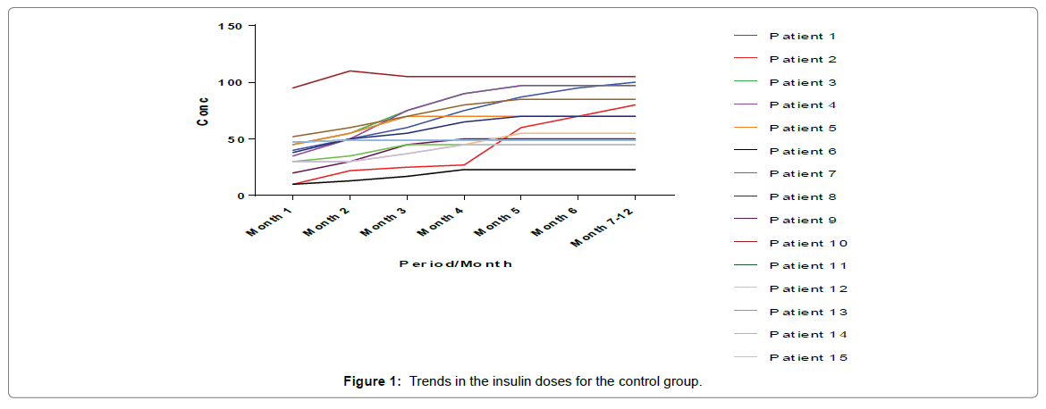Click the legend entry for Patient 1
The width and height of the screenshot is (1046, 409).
pyautogui.click(x=802, y=37)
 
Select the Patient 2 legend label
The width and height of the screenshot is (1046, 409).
pyautogui.click(x=802, y=60)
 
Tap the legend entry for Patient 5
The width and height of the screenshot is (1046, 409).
pyautogui.click(x=802, y=129)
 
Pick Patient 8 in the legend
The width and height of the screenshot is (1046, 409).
pyautogui.click(x=802, y=197)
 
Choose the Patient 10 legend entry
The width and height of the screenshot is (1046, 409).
pyautogui.click(x=807, y=243)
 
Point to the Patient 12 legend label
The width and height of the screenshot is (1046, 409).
pyautogui.click(x=807, y=289)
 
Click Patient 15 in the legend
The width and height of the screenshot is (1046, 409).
pyautogui.click(x=807, y=358)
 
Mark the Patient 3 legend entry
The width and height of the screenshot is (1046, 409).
pyautogui.click(x=802, y=83)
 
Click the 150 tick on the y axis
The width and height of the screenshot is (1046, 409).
pyautogui.click(x=230, y=26)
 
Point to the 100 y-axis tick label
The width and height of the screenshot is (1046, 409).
pyautogui.click(x=230, y=83)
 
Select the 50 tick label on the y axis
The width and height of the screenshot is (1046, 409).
pyautogui.click(x=234, y=139)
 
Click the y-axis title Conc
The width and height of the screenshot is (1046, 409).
pyautogui.click(x=204, y=111)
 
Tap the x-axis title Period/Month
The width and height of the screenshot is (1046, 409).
pyautogui.click(x=456, y=264)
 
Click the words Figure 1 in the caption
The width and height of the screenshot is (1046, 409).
pyautogui.click(x=371, y=382)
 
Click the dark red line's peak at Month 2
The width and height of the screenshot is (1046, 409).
pyautogui.click(x=350, y=71)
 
